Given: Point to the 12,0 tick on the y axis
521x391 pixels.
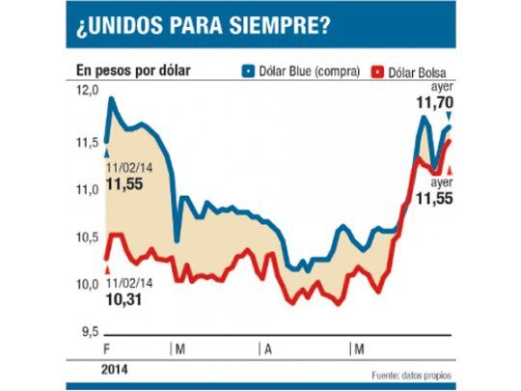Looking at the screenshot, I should [x=88, y=90].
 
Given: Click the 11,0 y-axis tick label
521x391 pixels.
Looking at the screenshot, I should [x=88, y=189].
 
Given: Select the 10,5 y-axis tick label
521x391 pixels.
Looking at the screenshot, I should [x=88, y=237].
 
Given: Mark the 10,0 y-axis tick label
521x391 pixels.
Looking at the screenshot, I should [x=88, y=284].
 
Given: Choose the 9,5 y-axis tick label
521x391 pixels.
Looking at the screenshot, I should [x=88, y=332].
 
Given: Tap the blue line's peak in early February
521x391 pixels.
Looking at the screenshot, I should [x=113, y=98].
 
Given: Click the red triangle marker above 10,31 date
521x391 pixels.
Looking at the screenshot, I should [x=107, y=271].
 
